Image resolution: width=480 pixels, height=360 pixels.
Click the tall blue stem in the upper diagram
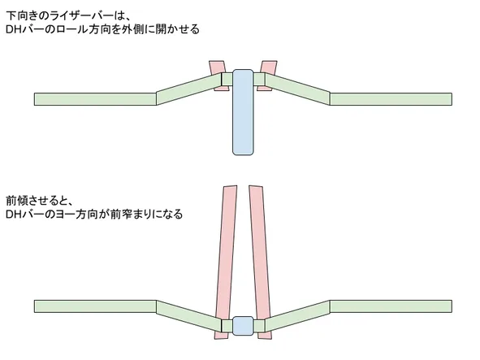point(243,112)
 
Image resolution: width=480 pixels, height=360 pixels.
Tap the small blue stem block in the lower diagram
point(243,326)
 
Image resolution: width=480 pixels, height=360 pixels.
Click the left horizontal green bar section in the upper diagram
point(95,99)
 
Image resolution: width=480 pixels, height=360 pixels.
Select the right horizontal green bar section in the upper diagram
point(391,99)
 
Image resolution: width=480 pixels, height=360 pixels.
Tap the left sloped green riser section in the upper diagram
point(189,89)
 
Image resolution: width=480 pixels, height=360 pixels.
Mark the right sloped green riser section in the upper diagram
point(297,89)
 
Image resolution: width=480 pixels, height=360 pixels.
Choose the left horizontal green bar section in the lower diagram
point(95,306)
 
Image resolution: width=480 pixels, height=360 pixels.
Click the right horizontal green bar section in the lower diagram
point(391,306)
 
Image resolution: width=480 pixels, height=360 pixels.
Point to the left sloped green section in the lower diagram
point(189,316)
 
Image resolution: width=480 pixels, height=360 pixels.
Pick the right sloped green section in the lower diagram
point(297,316)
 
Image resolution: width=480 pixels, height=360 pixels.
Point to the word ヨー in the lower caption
point(64,215)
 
